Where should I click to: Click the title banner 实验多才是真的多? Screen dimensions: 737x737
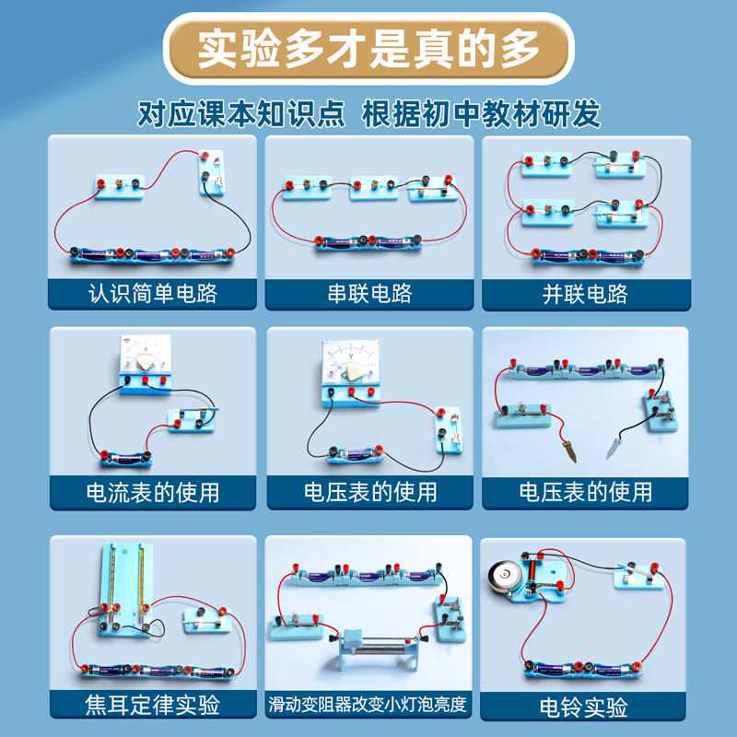tap(368, 48)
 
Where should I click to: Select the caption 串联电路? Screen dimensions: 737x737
tap(369, 294)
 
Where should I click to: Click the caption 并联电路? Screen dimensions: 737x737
tap(585, 294)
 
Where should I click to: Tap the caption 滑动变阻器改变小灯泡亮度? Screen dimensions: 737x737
tap(369, 707)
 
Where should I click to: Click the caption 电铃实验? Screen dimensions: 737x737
tap(585, 707)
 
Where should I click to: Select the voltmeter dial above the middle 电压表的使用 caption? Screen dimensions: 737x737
tap(352, 361)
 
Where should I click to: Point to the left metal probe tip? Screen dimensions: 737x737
tap(568, 452)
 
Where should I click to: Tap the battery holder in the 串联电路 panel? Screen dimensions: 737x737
tap(369, 242)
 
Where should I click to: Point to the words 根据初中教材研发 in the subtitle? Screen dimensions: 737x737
tap(482, 115)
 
